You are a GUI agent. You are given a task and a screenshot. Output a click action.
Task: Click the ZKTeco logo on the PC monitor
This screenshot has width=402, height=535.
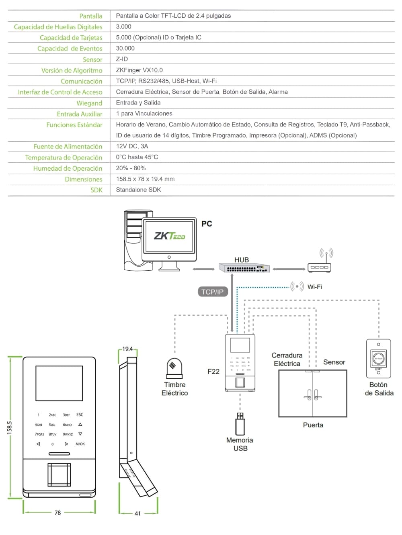(x=169, y=236)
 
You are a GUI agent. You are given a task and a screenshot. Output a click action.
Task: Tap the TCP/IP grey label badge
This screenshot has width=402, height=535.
(x=213, y=292)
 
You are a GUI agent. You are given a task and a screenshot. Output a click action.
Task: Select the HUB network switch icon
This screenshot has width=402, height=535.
(x=244, y=268)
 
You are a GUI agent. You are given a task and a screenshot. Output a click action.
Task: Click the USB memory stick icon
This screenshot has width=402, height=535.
(x=240, y=423)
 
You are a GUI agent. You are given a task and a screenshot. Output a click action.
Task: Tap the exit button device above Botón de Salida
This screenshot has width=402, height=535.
(x=378, y=358)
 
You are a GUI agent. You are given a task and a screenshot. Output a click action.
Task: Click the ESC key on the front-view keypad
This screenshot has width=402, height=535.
(x=80, y=415)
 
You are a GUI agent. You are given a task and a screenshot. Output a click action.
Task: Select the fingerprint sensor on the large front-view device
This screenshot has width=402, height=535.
(x=59, y=474)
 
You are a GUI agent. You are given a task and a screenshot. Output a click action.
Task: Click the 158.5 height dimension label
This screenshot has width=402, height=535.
(x=10, y=427)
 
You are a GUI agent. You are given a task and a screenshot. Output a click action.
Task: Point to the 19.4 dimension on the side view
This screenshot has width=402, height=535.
(x=127, y=349)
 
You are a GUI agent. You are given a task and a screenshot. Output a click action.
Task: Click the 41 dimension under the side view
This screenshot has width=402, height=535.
(x=137, y=513)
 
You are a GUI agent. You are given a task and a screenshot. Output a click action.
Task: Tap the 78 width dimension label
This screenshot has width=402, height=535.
(x=57, y=513)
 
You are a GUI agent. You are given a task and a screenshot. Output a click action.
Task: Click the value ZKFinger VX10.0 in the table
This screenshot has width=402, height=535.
(x=139, y=70)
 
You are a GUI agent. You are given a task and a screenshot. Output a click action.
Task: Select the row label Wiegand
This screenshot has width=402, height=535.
(x=89, y=103)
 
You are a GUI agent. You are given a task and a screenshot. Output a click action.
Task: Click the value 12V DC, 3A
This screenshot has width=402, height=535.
(x=132, y=146)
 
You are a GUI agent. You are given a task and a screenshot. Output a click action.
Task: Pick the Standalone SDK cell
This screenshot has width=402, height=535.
(x=138, y=190)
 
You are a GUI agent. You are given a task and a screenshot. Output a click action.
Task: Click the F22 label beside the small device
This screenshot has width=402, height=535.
(x=213, y=372)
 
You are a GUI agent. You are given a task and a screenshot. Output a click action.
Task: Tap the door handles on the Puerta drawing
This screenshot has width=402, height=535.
(x=313, y=395)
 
